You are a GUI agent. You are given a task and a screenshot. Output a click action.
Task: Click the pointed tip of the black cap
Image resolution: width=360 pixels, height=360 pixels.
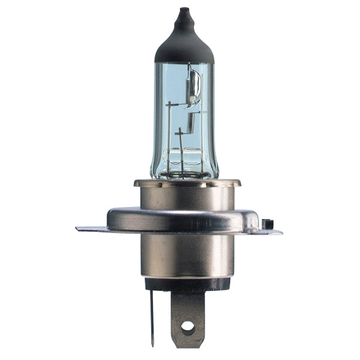[x=184, y=10]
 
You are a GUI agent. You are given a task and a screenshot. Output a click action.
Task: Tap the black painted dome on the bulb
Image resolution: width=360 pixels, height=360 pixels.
[x=184, y=45]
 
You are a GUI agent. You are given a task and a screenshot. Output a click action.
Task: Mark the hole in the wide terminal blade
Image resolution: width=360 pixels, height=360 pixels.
[x=188, y=328]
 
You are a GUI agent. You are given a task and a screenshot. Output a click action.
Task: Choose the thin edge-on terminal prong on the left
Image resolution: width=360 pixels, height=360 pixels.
[x=152, y=312]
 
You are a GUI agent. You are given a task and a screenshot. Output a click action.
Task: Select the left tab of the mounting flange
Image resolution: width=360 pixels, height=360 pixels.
[x=90, y=229]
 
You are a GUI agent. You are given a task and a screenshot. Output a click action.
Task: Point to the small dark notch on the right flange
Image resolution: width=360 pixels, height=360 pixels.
[x=268, y=224]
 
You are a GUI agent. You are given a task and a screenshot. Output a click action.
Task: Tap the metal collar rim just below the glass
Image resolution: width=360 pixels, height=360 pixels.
[x=187, y=182]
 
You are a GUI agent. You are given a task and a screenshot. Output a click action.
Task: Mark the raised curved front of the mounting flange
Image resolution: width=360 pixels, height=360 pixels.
[x=180, y=220]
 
